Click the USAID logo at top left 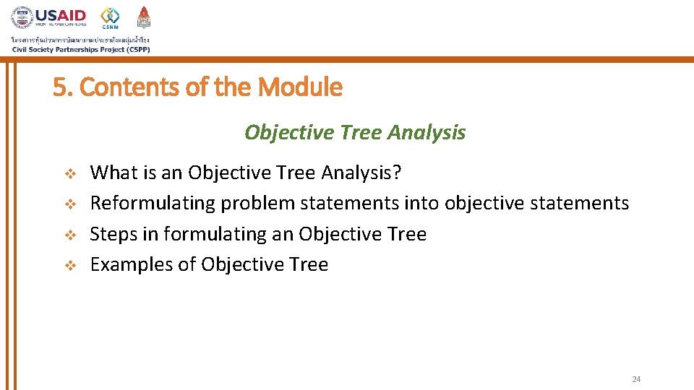point(48,17)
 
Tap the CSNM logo point(111,17)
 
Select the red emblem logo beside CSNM point(144,17)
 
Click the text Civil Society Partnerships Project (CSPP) point(80,49)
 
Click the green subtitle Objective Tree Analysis point(355,133)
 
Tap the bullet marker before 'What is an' point(70,174)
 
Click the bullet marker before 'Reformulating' point(70,204)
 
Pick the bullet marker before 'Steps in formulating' point(70,235)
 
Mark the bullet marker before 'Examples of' point(70,266)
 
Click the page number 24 point(636,379)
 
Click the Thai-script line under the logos point(80,39)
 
